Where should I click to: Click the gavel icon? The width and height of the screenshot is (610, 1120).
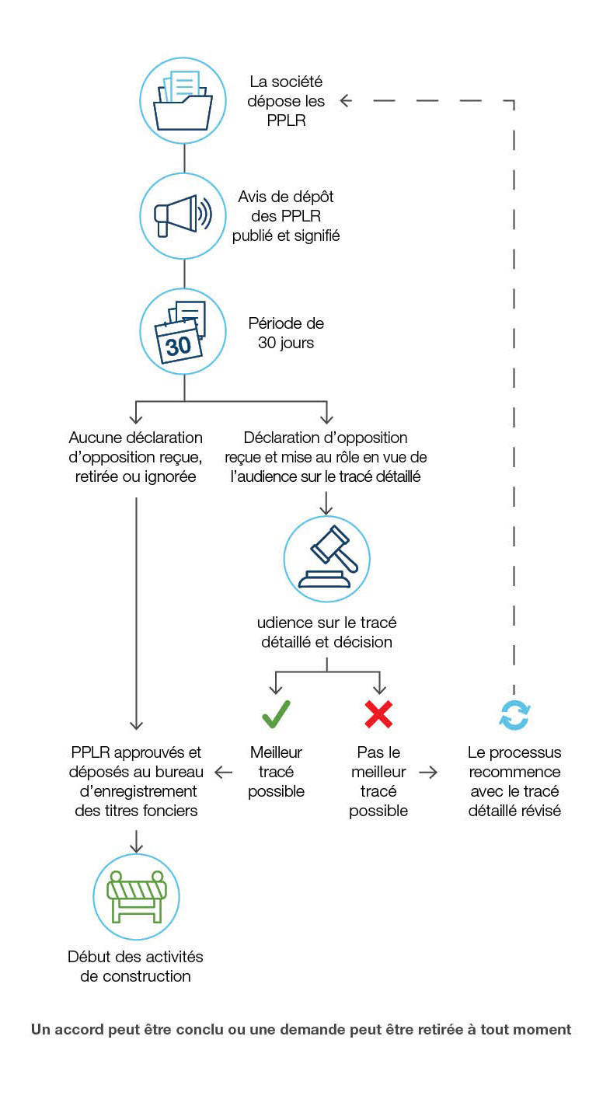click(326, 558)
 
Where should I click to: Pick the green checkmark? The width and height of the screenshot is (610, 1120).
click(276, 714)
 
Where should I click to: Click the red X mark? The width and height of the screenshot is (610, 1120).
click(378, 714)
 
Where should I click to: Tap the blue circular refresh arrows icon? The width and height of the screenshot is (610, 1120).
click(514, 715)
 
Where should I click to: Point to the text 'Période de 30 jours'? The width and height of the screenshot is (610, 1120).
click(286, 333)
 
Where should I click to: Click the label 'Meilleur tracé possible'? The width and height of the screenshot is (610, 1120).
click(276, 772)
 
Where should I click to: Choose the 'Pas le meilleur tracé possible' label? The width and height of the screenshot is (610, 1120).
click(378, 781)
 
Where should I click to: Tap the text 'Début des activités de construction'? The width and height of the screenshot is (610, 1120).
click(136, 966)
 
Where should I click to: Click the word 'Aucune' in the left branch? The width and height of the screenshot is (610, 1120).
click(96, 438)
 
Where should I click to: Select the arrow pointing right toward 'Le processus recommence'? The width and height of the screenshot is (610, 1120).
click(428, 773)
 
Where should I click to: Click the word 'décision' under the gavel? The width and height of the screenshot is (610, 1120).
click(361, 642)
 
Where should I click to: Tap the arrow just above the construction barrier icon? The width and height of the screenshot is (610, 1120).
click(137, 841)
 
